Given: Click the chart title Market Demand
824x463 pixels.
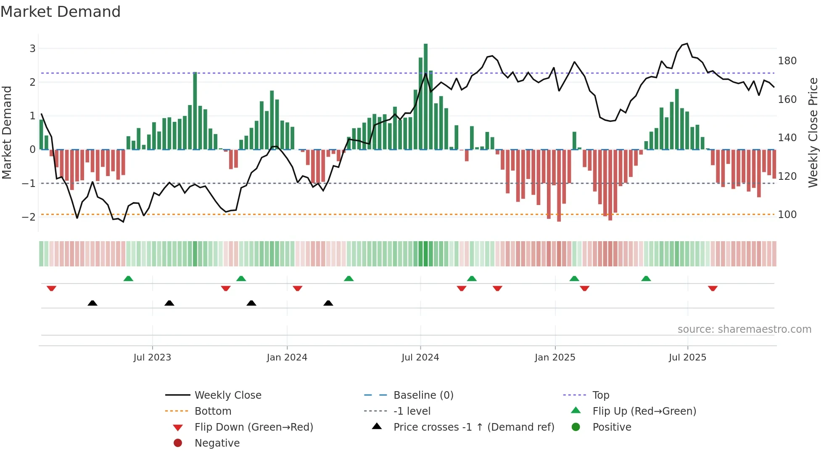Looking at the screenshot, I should pyautogui.click(x=61, y=12).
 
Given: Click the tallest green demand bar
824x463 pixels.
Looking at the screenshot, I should pyautogui.click(x=425, y=97).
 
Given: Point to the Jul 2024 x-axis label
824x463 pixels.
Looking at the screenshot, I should pyautogui.click(x=420, y=358).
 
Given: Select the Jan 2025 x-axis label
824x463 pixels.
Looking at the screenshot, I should pyautogui.click(x=555, y=358).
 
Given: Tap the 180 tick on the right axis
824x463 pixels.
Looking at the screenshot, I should pyautogui.click(x=787, y=61).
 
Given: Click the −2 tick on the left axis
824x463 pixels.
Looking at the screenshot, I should pyautogui.click(x=29, y=217).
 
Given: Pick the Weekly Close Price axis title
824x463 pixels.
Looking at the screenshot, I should pyautogui.click(x=813, y=132).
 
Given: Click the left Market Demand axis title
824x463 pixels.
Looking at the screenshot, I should pyautogui.click(x=7, y=132).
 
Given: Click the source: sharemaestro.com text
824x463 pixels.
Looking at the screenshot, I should pyautogui.click(x=744, y=329).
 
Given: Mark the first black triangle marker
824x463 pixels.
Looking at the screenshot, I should pyautogui.click(x=92, y=303).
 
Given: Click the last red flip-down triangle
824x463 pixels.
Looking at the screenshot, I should pyautogui.click(x=713, y=289).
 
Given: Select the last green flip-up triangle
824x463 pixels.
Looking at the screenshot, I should pyautogui.click(x=646, y=279).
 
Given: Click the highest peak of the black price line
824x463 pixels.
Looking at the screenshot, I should pyautogui.click(x=687, y=44).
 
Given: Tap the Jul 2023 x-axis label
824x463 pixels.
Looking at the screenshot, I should pyautogui.click(x=152, y=358).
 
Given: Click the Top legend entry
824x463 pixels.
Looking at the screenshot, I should pyautogui.click(x=600, y=395).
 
